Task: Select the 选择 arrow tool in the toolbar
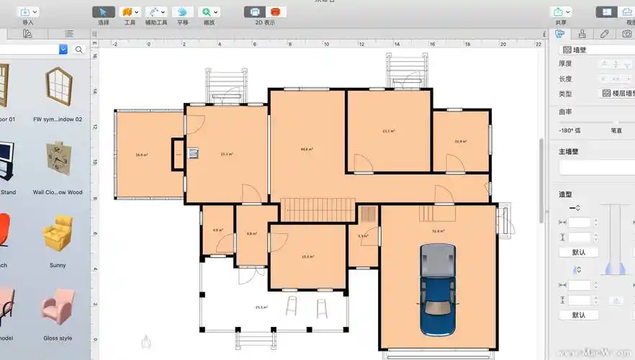tap(104, 12)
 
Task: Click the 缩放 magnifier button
tap(210, 12)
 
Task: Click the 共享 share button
tap(560, 12)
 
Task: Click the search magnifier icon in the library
tap(79, 50)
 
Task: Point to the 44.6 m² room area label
tap(307, 149)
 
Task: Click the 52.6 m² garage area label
tap(438, 231)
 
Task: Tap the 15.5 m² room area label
tap(307, 256)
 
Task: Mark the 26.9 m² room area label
tap(141, 155)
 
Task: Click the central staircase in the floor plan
tap(317, 210)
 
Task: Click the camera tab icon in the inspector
tap(627, 34)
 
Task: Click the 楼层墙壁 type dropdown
tap(618, 94)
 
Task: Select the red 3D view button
tap(274, 12)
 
